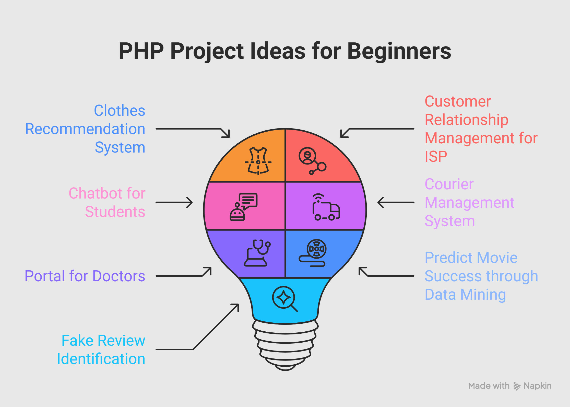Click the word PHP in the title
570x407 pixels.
[x=141, y=51]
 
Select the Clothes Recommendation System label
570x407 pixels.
[x=85, y=129]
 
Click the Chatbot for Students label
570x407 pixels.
[x=107, y=202]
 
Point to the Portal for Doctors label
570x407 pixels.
[x=85, y=276]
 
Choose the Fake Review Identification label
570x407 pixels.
[x=101, y=350]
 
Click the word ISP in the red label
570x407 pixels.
[x=436, y=156]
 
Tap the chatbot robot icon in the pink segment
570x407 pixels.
[x=244, y=207]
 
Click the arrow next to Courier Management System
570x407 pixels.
[x=396, y=202]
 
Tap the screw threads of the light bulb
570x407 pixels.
[x=285, y=345]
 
